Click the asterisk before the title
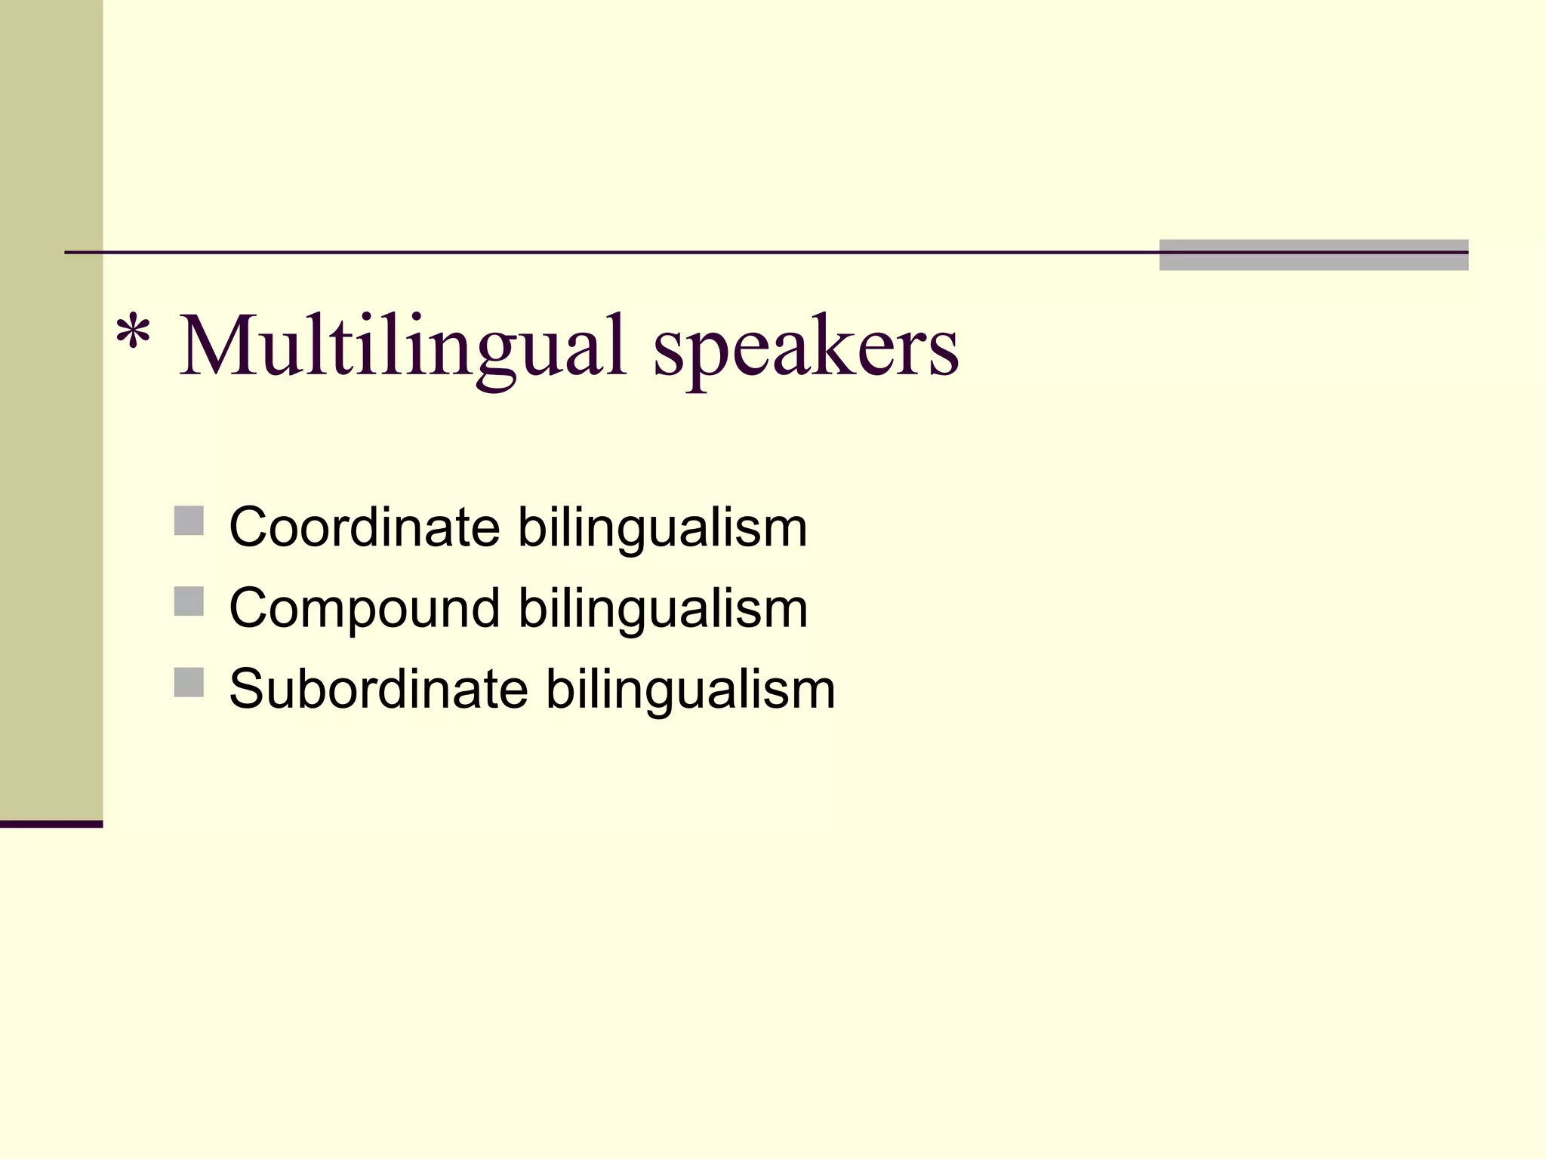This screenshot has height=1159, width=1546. click(133, 333)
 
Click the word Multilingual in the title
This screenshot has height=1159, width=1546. click(403, 347)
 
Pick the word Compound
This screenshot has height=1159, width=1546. click(364, 608)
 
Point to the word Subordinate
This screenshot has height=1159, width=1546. click(378, 689)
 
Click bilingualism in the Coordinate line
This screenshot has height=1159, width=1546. click(662, 528)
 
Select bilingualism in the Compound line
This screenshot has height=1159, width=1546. click(662, 610)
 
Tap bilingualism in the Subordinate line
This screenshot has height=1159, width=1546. click(690, 690)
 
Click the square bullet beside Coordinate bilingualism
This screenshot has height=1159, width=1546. click(189, 521)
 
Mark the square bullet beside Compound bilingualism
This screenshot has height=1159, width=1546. click(189, 601)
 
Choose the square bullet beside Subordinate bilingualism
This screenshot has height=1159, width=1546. click(189, 682)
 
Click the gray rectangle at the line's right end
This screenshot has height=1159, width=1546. click(1313, 255)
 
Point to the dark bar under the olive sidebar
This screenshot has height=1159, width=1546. click(51, 824)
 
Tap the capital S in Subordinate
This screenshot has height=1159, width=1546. click(251, 689)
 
